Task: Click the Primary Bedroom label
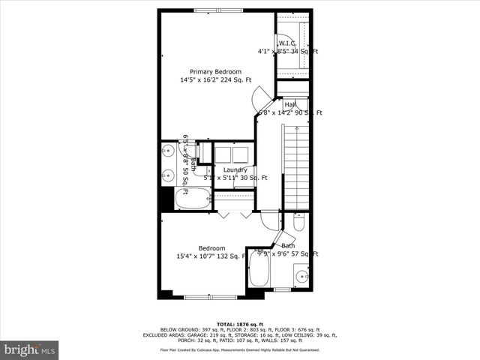(x=215, y=71)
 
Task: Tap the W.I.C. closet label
(x=288, y=43)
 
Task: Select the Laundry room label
(x=235, y=170)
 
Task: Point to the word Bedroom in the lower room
(x=211, y=248)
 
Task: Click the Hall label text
(x=289, y=104)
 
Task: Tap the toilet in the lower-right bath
(x=298, y=222)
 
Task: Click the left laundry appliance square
(x=223, y=154)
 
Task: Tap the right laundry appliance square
(x=241, y=154)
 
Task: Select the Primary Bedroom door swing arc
(x=262, y=97)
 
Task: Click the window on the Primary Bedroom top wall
(x=217, y=10)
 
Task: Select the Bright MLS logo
(x=30, y=349)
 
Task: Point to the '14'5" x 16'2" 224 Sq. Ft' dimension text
(x=215, y=80)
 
